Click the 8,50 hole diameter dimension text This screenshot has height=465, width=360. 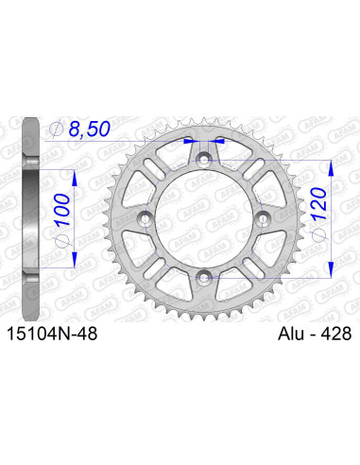[91, 131]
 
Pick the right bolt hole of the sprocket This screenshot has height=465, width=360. [264, 218]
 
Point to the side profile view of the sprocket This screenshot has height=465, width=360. [30, 217]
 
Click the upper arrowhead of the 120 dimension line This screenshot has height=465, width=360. [330, 162]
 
